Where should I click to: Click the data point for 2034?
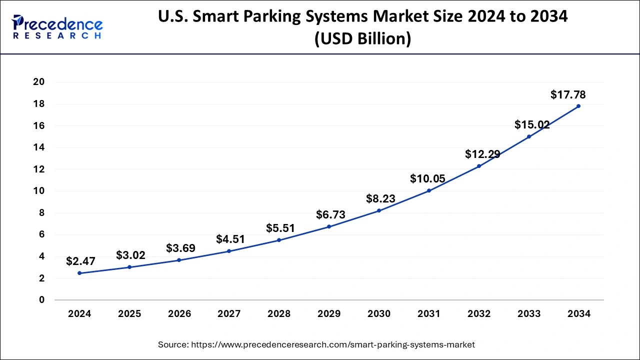click(578, 106)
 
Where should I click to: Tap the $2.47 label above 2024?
click(80, 261)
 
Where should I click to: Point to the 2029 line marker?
click(329, 226)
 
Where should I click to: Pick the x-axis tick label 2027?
click(229, 314)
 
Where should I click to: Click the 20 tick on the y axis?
click(38, 82)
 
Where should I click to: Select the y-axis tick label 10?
click(38, 191)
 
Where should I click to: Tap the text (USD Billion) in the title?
click(362, 38)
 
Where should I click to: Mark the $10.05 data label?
click(427, 178)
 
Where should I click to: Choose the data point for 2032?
click(478, 166)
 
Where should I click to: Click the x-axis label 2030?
click(379, 314)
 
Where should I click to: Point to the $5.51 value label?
click(280, 228)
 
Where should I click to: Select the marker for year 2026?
click(179, 260)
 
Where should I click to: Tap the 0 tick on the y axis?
click(42, 300)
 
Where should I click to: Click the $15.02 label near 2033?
click(532, 125)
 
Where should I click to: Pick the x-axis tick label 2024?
click(79, 314)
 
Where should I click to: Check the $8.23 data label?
click(380, 198)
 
